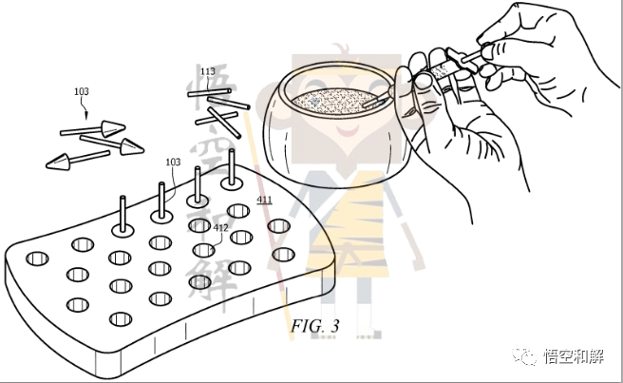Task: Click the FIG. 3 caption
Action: point(315,326)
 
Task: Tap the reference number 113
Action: point(208,71)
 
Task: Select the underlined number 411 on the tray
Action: point(264,200)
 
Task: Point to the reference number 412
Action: point(220,228)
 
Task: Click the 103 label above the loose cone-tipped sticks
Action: point(82,91)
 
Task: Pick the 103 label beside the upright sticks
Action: point(173,162)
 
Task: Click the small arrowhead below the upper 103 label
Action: point(86,116)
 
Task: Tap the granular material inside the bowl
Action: point(333,100)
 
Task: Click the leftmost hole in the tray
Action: point(37,259)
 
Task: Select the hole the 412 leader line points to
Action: point(204,250)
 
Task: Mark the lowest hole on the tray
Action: point(121,319)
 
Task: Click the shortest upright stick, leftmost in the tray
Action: point(123,214)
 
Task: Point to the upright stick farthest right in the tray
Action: point(232,166)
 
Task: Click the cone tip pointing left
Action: point(59,162)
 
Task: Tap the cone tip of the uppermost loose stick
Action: point(113,128)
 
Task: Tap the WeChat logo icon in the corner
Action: point(524,355)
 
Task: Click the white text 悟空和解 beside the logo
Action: point(574,356)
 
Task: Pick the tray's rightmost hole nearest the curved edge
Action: point(283,255)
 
